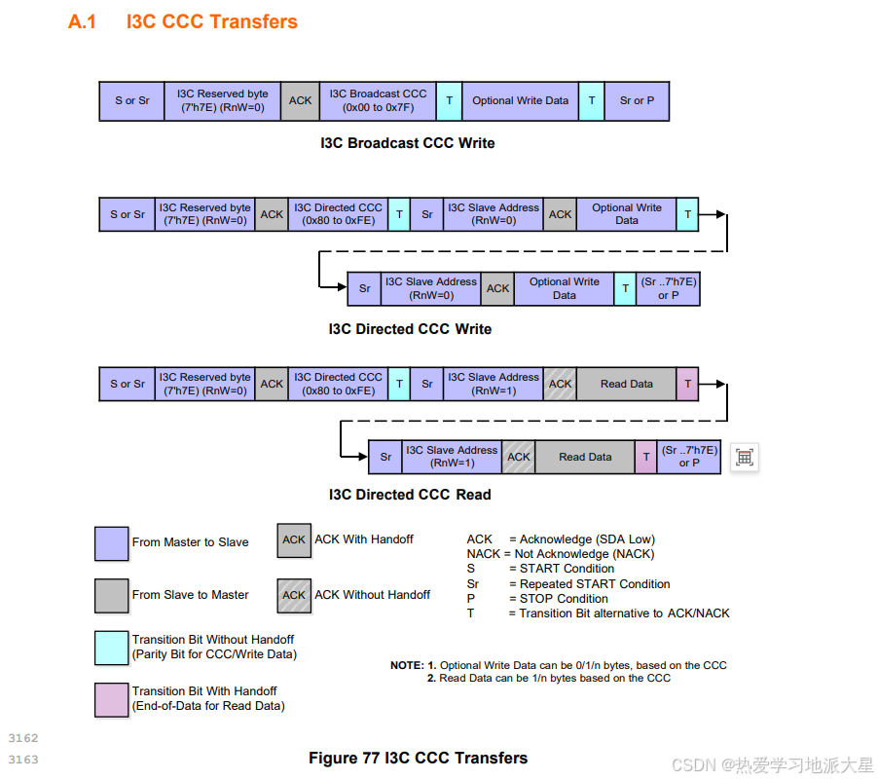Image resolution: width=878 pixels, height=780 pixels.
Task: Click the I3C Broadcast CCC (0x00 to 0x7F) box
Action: coord(378,100)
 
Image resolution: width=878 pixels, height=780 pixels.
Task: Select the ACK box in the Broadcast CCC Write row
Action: coord(300,100)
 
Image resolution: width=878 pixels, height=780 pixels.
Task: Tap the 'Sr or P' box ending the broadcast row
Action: coord(637,100)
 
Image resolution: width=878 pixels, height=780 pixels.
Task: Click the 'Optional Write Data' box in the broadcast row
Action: coord(520,100)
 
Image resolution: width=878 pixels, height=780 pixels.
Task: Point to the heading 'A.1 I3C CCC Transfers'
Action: coord(183,21)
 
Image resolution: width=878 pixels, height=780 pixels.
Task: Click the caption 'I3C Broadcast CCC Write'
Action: coord(407,143)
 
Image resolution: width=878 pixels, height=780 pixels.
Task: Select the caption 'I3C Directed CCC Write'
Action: coord(410,329)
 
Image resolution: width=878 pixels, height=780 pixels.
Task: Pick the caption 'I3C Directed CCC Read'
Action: coord(410,495)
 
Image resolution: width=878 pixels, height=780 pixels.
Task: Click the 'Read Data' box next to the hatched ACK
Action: coord(626,384)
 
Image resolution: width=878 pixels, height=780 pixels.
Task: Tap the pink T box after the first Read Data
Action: coord(687,384)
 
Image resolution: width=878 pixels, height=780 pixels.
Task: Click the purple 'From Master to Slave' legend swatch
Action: coord(111,543)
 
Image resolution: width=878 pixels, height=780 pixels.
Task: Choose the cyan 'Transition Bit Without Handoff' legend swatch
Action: coord(111,648)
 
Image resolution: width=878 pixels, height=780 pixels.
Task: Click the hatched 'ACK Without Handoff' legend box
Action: coord(293,595)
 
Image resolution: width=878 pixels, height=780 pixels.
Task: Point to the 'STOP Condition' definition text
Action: coord(558,599)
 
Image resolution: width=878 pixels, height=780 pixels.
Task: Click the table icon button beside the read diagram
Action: coord(745,457)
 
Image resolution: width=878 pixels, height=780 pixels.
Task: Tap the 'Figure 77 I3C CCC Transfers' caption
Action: coord(418,758)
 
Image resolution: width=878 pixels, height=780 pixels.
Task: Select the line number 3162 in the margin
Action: coord(22,738)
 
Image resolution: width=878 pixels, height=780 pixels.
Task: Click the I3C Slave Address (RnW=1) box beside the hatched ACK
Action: coord(493,384)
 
